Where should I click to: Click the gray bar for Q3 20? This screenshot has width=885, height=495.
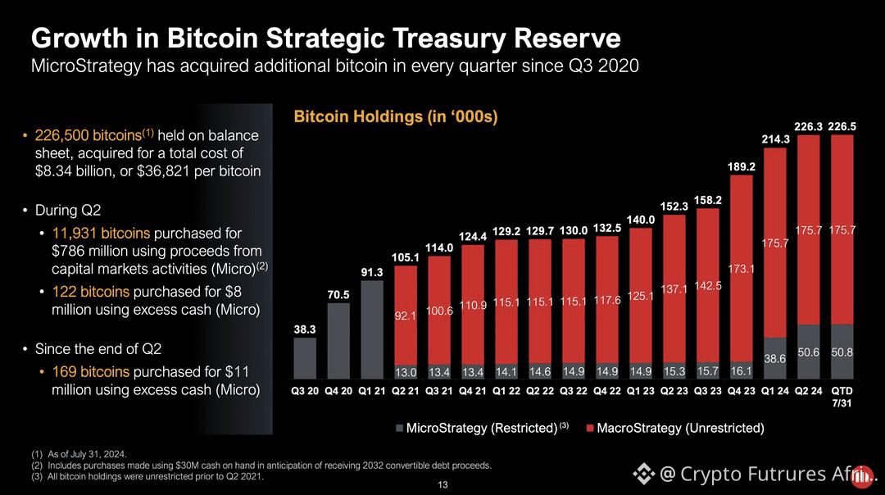(x=305, y=358)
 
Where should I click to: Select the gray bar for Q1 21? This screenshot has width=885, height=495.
(x=372, y=329)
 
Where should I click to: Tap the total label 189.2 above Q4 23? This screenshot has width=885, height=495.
(x=741, y=167)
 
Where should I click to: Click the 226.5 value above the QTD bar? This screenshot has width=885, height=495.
(x=842, y=126)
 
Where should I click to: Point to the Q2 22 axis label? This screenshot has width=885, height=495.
(x=540, y=391)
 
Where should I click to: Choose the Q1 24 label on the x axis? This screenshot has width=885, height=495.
(x=775, y=391)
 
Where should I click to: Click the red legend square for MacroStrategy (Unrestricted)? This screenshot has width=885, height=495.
(x=590, y=429)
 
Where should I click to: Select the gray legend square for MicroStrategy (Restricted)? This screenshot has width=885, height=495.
(x=400, y=429)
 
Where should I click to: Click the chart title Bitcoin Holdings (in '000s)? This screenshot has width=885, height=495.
(x=396, y=117)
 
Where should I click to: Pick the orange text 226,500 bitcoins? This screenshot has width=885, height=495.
(x=88, y=135)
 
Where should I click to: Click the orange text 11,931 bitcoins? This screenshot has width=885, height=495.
(x=101, y=233)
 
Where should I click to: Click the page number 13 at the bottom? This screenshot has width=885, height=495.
(x=442, y=485)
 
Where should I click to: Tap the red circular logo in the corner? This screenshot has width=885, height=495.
(x=861, y=477)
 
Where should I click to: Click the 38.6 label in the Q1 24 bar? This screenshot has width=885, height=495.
(x=775, y=359)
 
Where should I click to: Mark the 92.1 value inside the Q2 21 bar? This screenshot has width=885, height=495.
(x=406, y=316)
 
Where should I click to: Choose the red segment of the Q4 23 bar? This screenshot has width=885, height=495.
(x=741, y=269)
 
